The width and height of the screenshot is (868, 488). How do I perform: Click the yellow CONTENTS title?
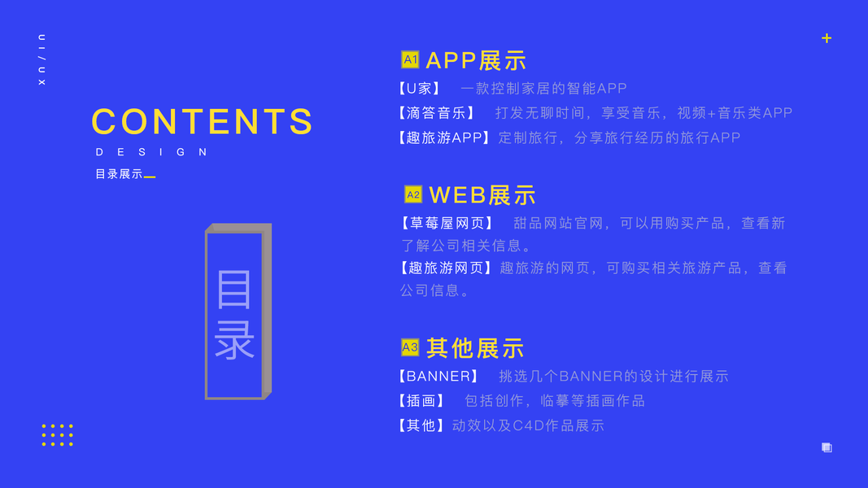pyautogui.click(x=202, y=121)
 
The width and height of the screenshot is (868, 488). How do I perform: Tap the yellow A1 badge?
pyautogui.click(x=410, y=59)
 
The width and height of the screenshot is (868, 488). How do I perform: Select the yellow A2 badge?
pyautogui.click(x=413, y=194)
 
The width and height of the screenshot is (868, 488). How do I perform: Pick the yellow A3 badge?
pyautogui.click(x=410, y=347)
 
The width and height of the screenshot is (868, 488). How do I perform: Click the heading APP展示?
pyautogui.click(x=476, y=60)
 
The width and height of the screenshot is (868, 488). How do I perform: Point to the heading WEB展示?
pyautogui.click(x=482, y=194)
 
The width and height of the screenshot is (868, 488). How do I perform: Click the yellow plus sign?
pyautogui.click(x=827, y=38)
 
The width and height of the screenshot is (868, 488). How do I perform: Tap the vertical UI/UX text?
pyautogui.click(x=41, y=59)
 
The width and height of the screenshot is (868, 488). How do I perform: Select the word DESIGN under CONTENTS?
pyautogui.click(x=151, y=152)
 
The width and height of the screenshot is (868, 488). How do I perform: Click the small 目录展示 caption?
pyautogui.click(x=119, y=174)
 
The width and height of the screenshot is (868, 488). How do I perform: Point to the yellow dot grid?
pyautogui.click(x=58, y=435)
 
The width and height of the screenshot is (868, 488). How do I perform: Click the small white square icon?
pyautogui.click(x=827, y=447)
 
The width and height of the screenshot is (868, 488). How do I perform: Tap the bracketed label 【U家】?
pyautogui.click(x=419, y=89)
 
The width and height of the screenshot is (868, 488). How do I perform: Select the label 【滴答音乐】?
pyautogui.click(x=436, y=113)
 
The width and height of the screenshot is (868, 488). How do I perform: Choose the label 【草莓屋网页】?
pyautogui.click(x=447, y=223)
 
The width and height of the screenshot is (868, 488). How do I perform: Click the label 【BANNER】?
pyautogui.click(x=438, y=377)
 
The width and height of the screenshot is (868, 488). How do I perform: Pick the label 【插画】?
pyautogui.click(x=421, y=401)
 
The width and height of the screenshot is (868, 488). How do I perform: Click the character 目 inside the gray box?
pyautogui.click(x=233, y=290)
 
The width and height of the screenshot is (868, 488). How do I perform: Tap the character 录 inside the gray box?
pyautogui.click(x=233, y=339)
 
